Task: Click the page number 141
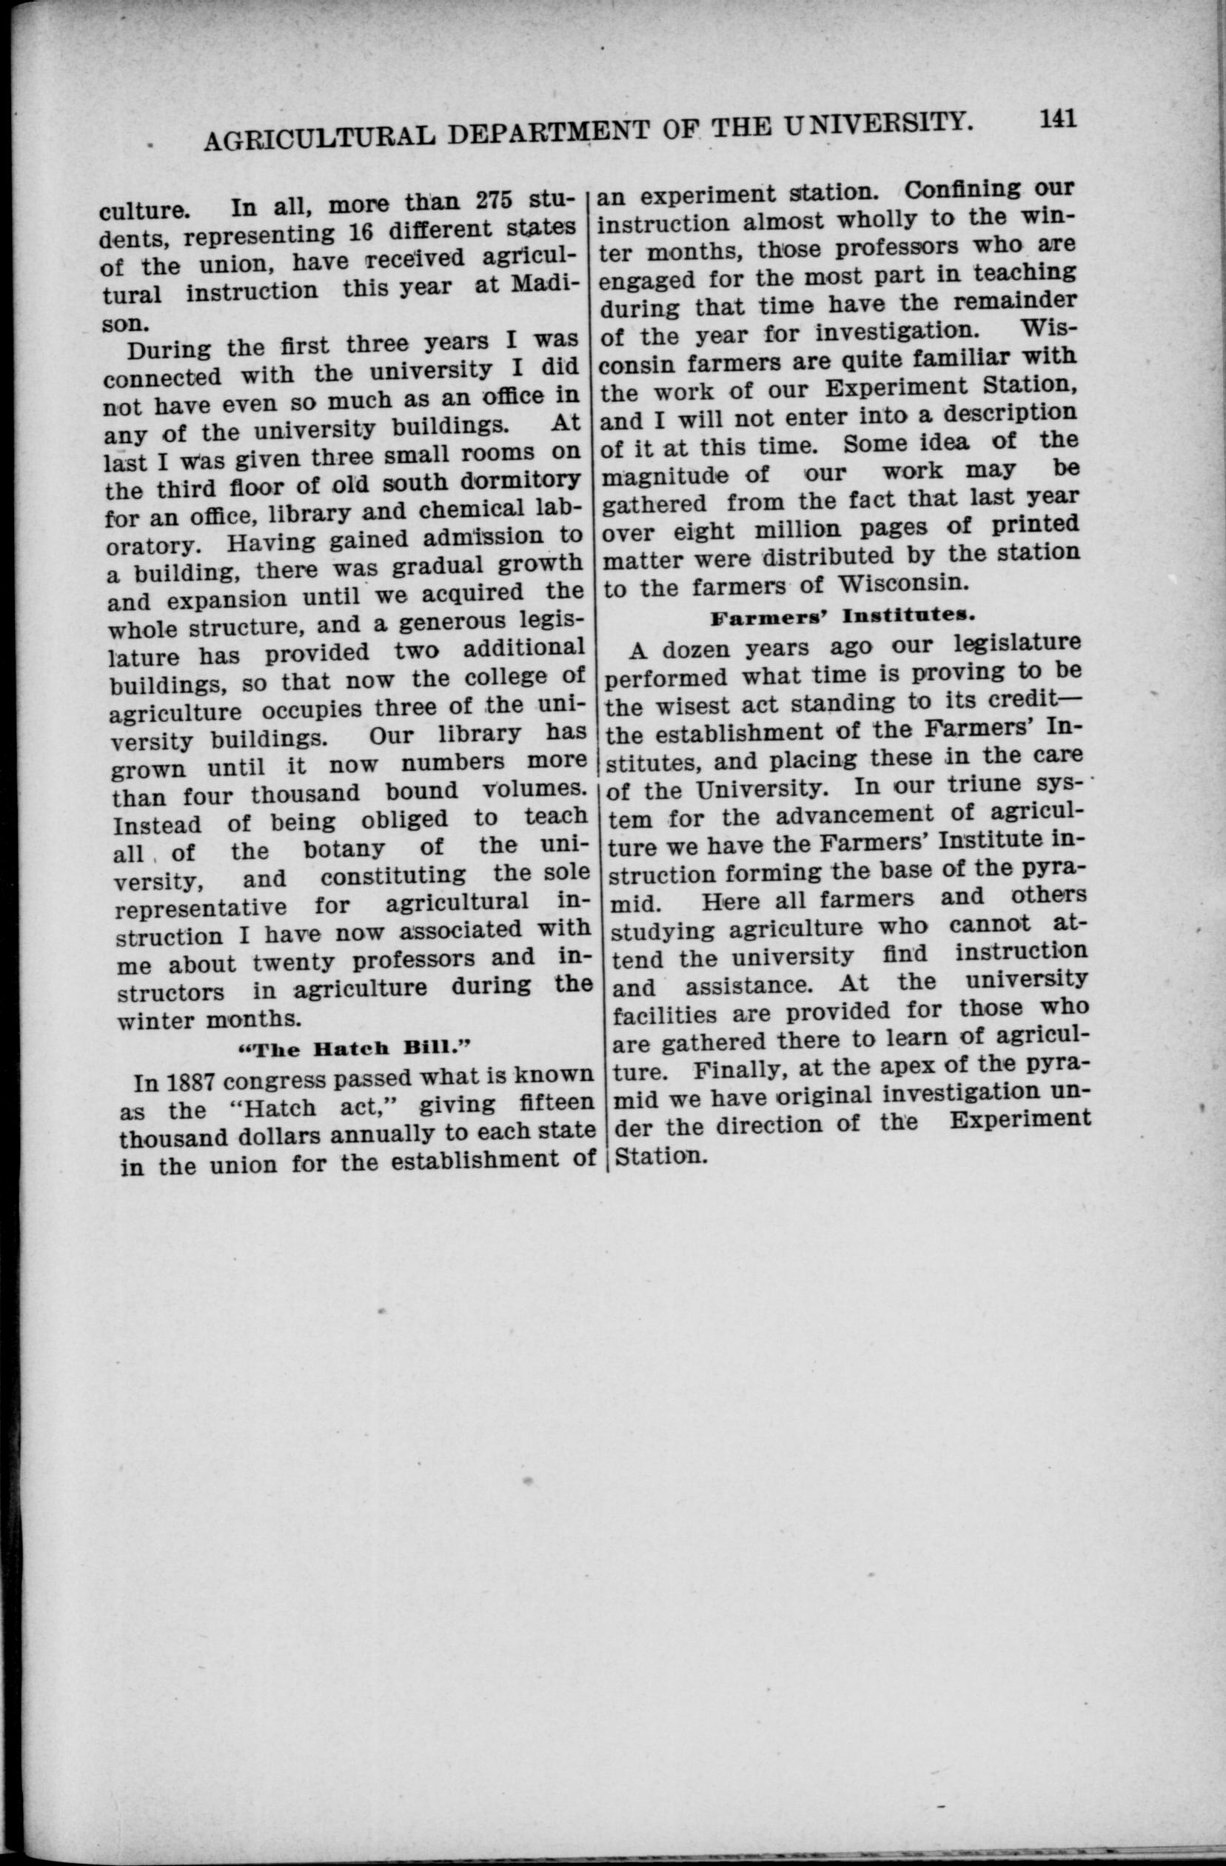point(1058,119)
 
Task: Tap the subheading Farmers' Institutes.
point(842,615)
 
